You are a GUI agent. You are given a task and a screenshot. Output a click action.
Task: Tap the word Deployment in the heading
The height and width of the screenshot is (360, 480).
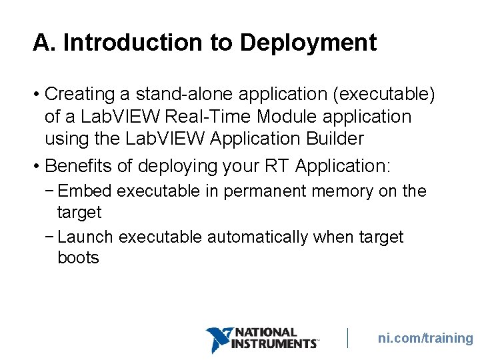click(308, 43)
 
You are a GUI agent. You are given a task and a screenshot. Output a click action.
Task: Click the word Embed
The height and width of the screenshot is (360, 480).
click(85, 191)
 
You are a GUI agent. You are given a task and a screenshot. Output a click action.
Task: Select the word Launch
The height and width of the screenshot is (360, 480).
click(87, 237)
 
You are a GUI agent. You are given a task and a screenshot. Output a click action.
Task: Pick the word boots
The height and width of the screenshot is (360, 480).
click(78, 258)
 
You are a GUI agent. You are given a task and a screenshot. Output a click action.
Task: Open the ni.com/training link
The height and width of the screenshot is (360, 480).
click(425, 338)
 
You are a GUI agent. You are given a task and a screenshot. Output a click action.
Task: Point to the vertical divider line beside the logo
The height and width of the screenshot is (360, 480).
click(348, 337)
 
